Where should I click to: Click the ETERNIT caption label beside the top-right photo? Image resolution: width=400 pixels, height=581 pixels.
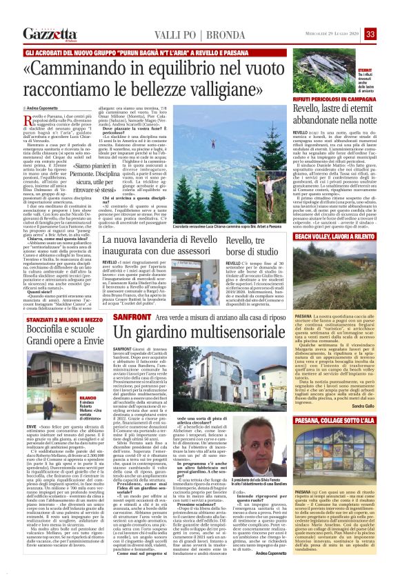tap(364, 71)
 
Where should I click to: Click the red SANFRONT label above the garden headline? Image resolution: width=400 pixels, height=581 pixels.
tap(127, 296)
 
